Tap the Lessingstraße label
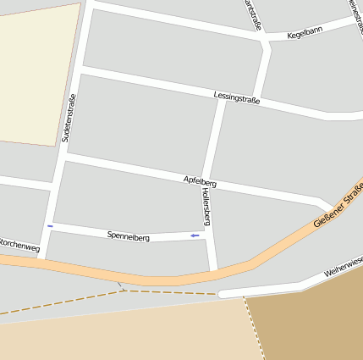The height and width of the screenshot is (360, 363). (237, 98)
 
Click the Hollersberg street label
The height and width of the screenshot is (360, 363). (206, 207)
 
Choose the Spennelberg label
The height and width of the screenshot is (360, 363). (129, 236)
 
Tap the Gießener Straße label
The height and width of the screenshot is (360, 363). (338, 207)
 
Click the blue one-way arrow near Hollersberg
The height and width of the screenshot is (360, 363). (195, 235)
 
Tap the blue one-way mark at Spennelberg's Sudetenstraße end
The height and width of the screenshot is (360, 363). (51, 226)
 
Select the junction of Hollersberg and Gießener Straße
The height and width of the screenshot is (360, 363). (213, 273)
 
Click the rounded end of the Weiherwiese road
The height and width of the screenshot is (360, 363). (223, 294)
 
